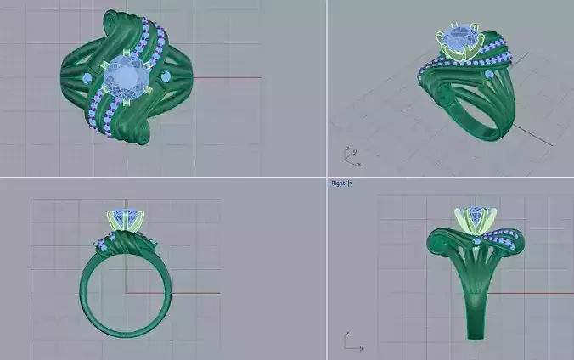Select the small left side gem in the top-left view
pyautogui.click(x=87, y=79)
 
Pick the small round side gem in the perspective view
pyautogui.click(x=489, y=77)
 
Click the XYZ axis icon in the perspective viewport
pyautogui.click(x=349, y=156)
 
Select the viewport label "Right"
pyautogui.click(x=337, y=183)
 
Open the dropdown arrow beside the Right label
pyautogui.click(x=350, y=183)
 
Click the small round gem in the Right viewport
pyautogui.click(x=477, y=243)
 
